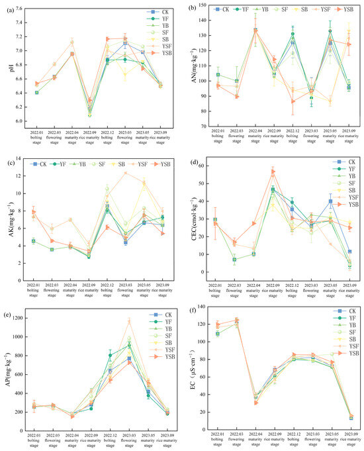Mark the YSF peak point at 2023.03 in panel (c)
click(x=126, y=173)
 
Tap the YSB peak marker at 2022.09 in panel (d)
click(x=272, y=172)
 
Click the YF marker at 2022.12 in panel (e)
click(x=110, y=355)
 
